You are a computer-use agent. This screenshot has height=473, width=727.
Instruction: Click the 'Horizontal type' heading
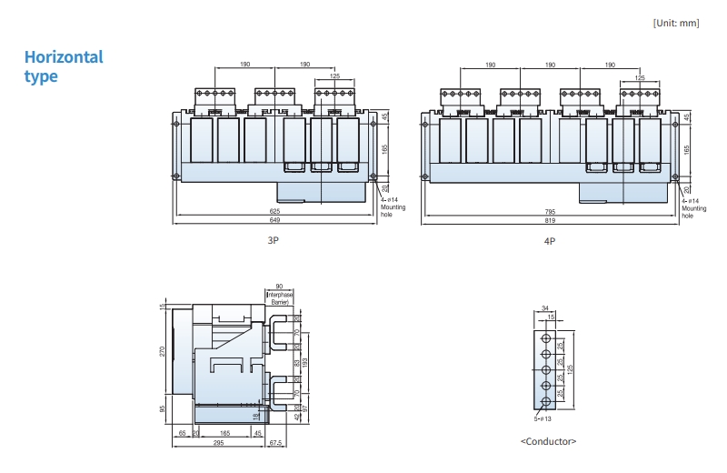[64, 66]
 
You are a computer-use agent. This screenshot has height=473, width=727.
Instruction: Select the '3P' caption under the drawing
[273, 241]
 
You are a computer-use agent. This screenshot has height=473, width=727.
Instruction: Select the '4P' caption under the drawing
[549, 241]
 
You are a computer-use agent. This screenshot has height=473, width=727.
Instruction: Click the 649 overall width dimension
[274, 221]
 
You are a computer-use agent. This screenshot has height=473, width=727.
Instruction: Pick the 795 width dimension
[551, 212]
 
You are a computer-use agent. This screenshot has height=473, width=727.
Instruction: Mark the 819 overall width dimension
[551, 221]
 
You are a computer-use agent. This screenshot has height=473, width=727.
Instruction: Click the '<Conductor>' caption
[548, 441]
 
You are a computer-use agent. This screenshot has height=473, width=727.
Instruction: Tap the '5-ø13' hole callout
[543, 419]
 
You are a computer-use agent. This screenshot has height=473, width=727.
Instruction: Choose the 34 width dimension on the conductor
[545, 308]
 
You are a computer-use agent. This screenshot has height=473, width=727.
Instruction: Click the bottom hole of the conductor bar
[545, 404]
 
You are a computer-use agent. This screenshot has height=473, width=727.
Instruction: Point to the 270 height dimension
[164, 351]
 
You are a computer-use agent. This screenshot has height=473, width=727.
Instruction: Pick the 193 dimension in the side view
[305, 362]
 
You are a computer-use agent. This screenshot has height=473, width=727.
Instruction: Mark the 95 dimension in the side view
[164, 409]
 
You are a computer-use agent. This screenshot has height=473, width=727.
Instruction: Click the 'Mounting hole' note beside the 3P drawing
[393, 210]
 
